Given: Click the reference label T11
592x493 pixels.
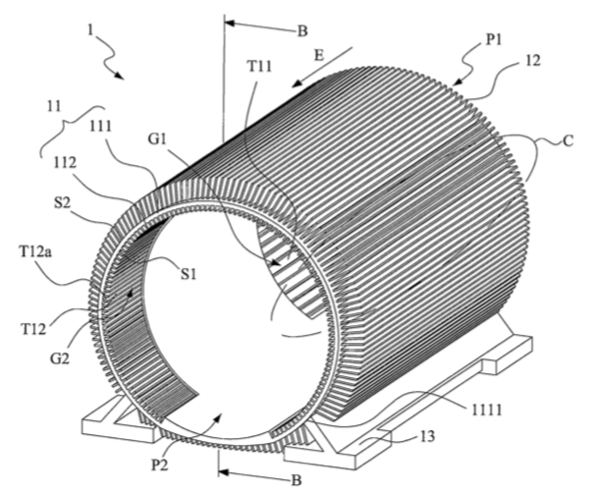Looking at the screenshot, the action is pos(260,67).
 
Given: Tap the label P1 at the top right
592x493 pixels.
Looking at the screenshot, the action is pos(494,39).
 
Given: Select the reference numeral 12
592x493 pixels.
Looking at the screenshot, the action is pos(533,61).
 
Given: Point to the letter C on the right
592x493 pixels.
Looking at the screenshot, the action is pos(568,140).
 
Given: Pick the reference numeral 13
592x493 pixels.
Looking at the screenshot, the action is pos(427,436).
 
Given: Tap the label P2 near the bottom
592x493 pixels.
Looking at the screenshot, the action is pos(159,465).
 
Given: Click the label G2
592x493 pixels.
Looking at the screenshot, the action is pos(60,357).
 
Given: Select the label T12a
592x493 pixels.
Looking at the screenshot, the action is pos(36,251).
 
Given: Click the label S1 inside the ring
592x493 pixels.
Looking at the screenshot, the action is pos(188,274).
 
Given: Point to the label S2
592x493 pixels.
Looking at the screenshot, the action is pos(63,204).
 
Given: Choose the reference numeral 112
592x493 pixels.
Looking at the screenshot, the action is pos(64,163).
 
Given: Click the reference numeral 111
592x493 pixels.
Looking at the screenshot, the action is pos(100,127).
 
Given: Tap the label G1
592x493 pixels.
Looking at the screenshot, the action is pos(157,139).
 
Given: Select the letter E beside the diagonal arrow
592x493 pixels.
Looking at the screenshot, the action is pos(319,56).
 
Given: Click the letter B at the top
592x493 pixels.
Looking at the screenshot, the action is pos(302,31).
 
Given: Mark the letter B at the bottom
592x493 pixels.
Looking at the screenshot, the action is pos(297,480).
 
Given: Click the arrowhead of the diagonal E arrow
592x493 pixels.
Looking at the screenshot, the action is pos(297,83).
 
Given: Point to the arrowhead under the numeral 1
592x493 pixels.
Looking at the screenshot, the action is pos(119,76).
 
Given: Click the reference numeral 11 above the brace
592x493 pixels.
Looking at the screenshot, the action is pos(54,106).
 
